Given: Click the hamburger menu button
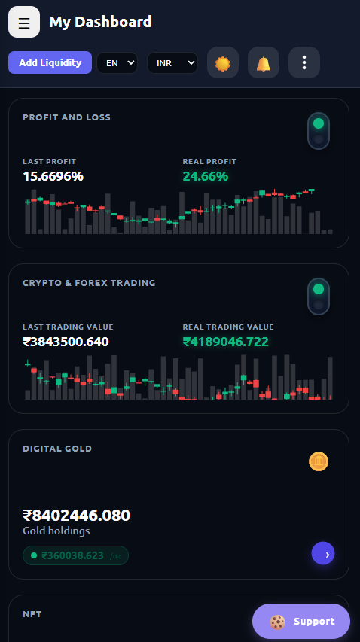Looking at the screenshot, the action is coord(24,22).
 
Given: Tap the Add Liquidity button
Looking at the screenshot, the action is coord(50,62).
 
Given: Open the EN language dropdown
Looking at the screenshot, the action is coord(117,63).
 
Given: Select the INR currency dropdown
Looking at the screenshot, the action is coord(172,63).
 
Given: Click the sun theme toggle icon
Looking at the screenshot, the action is coord(223,62).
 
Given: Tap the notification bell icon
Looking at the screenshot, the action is coord(264,62).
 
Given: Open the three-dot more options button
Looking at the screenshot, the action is coord(304,62).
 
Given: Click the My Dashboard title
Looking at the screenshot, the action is coord(100,22).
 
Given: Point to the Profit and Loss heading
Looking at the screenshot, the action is coord(67,117).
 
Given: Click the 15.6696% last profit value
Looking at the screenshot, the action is coord(53,176).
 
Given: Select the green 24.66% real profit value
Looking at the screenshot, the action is coord(205,176).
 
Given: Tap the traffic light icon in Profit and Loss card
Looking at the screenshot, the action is coord(319,131).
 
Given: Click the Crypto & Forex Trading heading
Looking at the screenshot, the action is coord(90,283).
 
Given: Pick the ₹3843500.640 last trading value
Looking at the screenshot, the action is coord(66,342).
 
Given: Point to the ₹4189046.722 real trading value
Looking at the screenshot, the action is coord(226,342).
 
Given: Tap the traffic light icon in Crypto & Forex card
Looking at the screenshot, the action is coord(319,297).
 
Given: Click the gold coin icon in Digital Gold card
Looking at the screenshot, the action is coord(319,461).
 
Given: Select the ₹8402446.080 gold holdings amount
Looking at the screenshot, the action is coord(77,515).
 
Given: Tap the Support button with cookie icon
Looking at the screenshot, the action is coord(301,622).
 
